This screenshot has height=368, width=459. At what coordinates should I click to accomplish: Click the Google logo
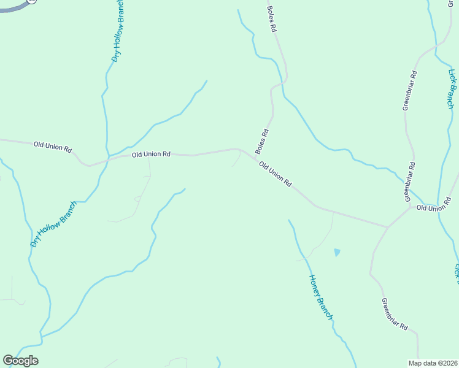coord(20,360)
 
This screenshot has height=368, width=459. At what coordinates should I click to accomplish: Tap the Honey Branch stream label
coord(320,297)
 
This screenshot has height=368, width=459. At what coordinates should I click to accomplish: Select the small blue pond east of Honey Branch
coord(336,252)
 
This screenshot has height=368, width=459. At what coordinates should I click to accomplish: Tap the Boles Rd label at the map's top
coord(272,19)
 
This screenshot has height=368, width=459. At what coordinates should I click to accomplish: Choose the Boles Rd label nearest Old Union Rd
coord(262,141)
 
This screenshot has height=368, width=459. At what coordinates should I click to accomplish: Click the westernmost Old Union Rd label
coord(53,147)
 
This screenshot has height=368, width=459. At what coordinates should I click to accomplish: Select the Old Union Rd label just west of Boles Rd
coord(151,155)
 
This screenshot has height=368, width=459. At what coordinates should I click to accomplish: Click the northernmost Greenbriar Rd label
coord(410,91)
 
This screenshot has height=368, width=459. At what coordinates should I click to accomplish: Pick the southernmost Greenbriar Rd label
coord(394,314)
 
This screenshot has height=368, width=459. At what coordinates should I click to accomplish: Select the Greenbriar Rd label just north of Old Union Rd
coord(410,182)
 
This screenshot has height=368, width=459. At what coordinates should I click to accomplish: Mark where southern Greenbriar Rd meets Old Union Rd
coord(387,228)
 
